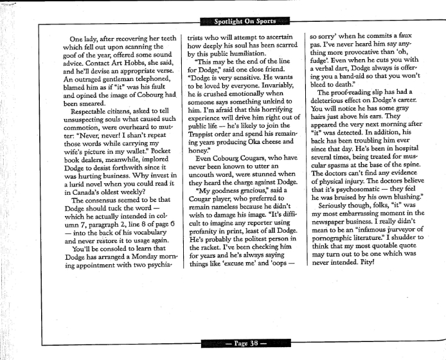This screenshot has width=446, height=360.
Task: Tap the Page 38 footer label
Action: click(242, 343)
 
